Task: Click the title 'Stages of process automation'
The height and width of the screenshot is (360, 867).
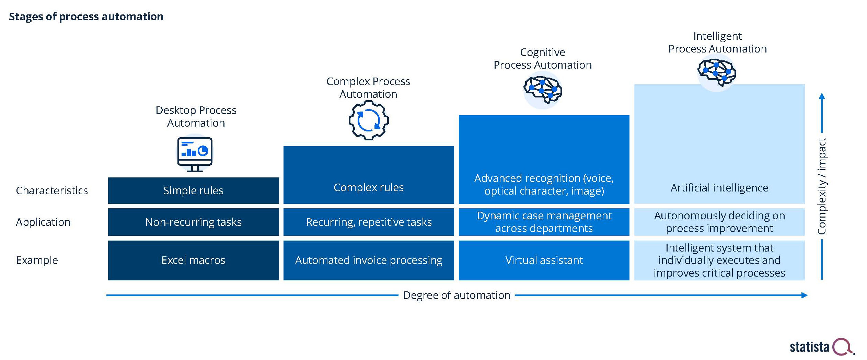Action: [x=86, y=16]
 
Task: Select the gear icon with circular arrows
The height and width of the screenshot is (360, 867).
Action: [x=368, y=120]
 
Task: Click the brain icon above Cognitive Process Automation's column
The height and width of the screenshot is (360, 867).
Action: [x=543, y=90]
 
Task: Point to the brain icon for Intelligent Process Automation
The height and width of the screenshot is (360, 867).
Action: [x=717, y=72]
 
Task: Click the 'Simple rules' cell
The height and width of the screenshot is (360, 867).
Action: [x=193, y=190]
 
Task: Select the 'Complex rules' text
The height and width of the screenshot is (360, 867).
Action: [x=369, y=187]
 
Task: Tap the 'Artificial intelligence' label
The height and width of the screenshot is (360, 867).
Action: [x=719, y=188]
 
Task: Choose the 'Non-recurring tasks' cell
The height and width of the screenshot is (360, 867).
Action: [x=193, y=222]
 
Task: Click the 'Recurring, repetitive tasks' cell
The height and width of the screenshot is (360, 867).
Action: [x=369, y=222]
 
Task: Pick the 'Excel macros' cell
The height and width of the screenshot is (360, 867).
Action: [x=193, y=260]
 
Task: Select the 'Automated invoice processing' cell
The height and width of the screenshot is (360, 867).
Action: [x=369, y=260]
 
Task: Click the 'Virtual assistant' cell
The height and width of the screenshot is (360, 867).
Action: [x=544, y=260]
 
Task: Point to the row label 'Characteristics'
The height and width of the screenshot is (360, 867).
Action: [x=52, y=190]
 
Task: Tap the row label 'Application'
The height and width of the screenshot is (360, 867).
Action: [x=43, y=222]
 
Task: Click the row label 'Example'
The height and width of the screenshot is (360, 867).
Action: [x=37, y=260]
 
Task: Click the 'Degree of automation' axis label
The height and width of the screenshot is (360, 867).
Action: [x=456, y=295]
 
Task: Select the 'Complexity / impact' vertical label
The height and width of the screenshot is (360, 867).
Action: [x=822, y=186]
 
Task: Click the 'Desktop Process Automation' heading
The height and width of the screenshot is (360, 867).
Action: [x=196, y=116]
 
